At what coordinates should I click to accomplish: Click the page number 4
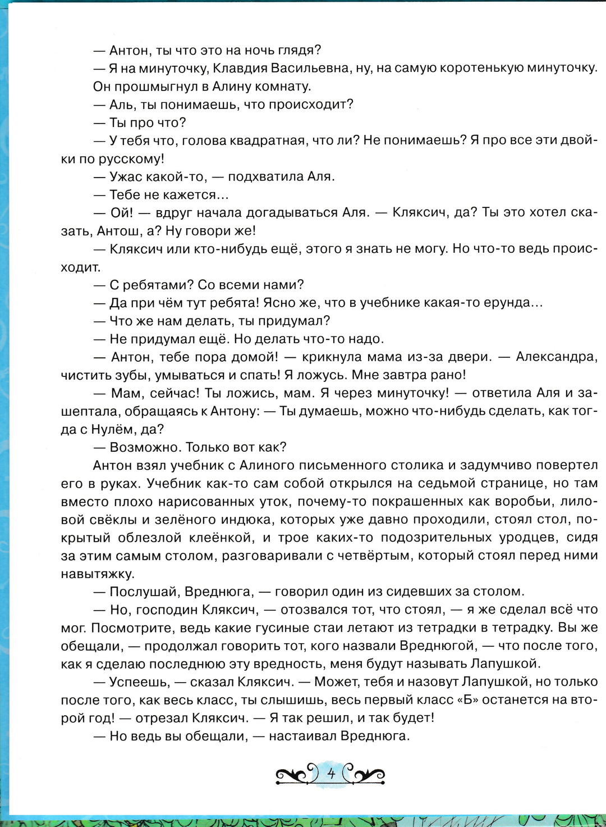(331, 774)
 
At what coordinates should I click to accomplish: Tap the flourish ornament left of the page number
(296, 775)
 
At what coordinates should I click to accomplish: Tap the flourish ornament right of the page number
(365, 775)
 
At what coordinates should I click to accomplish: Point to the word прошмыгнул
(155, 86)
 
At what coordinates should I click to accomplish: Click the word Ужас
(126, 176)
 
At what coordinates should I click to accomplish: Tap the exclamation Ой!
(122, 212)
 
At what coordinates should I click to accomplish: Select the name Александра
(557, 357)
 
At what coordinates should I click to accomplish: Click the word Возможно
(143, 447)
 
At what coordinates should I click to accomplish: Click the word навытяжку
(97, 574)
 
